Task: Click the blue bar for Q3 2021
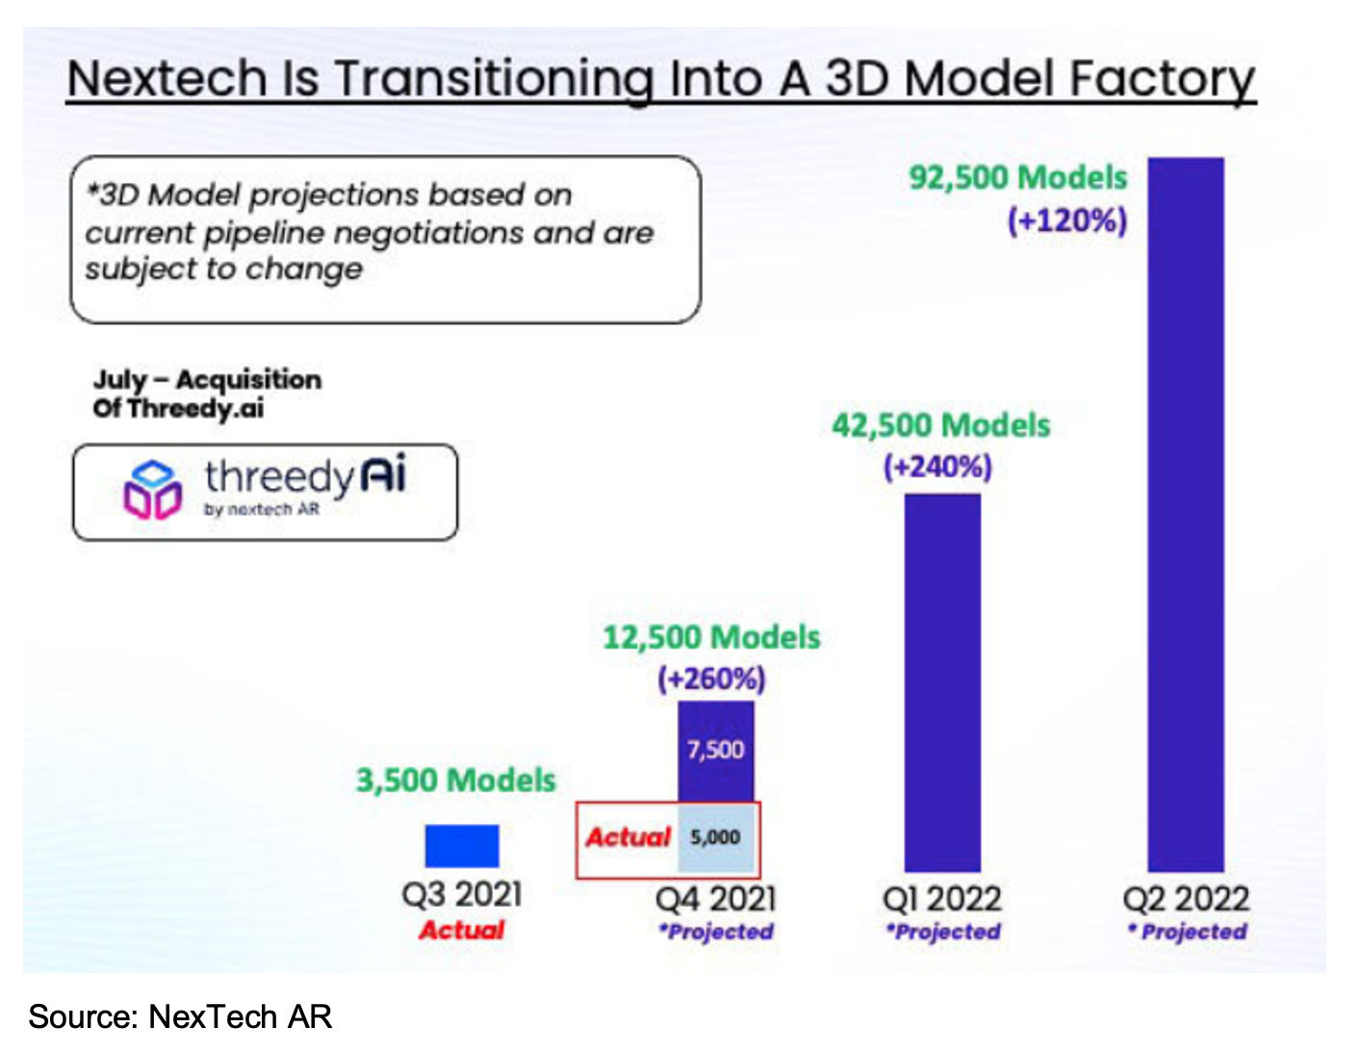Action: tap(462, 846)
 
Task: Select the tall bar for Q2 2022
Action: tap(1186, 515)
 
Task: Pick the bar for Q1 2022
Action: tap(942, 682)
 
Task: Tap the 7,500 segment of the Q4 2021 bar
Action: tap(715, 750)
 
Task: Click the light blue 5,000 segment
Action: tap(715, 837)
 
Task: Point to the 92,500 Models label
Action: tap(1017, 178)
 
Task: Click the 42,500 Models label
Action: tap(940, 425)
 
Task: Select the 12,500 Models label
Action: tap(711, 637)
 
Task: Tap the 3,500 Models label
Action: tap(456, 780)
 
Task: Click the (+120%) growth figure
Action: tap(1066, 220)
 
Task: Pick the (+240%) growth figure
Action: tap(937, 468)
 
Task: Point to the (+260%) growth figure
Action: tap(711, 680)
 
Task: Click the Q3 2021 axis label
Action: tap(462, 894)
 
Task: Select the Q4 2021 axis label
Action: tap(715, 899)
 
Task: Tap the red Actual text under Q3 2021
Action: tap(462, 931)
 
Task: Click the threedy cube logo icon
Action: tap(152, 490)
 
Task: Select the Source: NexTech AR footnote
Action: tap(180, 1016)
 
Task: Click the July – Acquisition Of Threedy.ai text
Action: tap(207, 394)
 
